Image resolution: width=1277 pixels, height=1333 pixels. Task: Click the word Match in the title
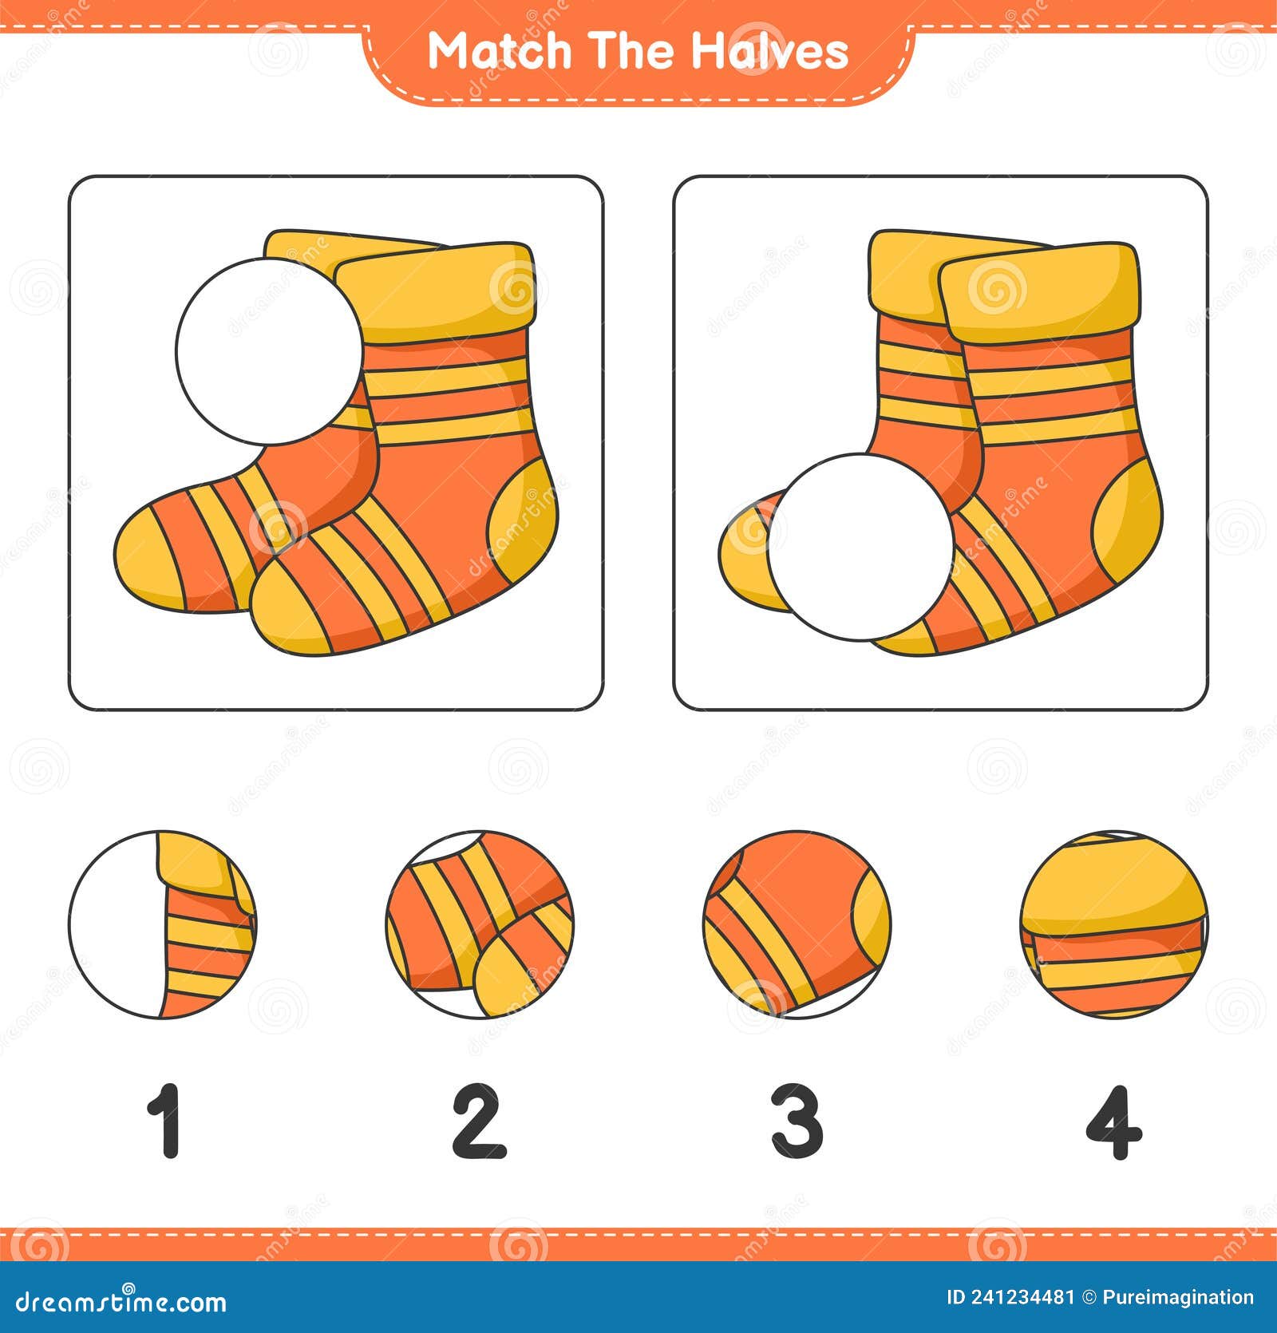tap(500, 51)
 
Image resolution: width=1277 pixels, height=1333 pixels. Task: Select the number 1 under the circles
tap(165, 1121)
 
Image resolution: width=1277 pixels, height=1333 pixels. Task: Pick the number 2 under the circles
tap(479, 1121)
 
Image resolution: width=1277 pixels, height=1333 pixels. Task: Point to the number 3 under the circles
tap(797, 1121)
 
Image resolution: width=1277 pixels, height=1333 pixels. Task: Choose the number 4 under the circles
tap(1113, 1121)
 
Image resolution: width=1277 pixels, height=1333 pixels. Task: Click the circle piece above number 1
tap(163, 924)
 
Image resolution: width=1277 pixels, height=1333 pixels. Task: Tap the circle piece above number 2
tap(480, 924)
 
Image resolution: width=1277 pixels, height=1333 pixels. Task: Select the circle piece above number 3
tap(797, 924)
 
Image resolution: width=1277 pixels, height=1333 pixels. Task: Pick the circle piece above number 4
tap(1114, 924)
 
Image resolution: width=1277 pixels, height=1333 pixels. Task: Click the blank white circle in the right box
tap(860, 547)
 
